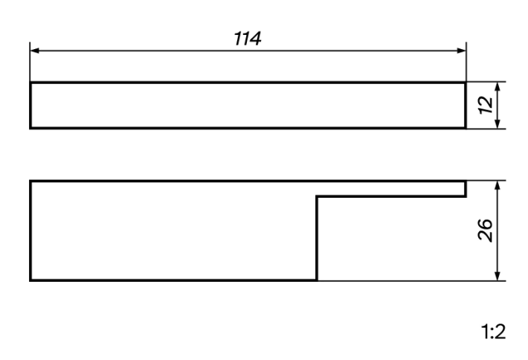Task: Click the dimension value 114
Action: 248,39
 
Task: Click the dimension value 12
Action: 486,105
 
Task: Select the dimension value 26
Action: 485,231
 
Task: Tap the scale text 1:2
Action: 493,332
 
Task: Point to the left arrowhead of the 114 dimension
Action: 34,51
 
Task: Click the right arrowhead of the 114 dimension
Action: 462,51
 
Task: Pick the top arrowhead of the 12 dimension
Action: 498,86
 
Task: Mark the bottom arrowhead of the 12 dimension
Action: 498,124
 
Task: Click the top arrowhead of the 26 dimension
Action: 498,185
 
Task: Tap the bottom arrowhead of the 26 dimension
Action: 498,276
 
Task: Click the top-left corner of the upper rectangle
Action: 30,83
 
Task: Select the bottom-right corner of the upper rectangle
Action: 466,128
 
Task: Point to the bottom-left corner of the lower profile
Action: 30,280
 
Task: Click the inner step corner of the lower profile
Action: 317,196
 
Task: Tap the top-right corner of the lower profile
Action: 466,181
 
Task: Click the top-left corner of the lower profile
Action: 30,181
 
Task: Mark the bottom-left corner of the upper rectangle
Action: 30,128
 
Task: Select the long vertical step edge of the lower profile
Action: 317,238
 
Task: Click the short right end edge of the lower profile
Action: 466,189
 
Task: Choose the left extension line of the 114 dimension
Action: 30,62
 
